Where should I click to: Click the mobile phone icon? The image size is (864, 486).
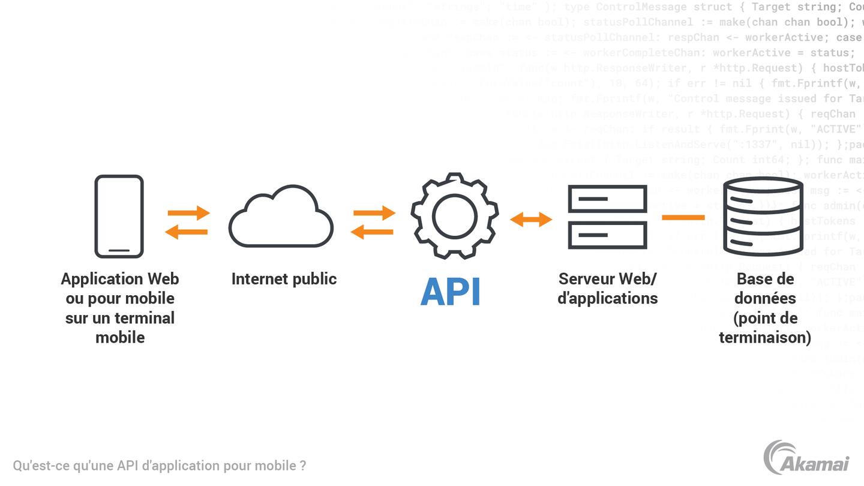[x=119, y=216]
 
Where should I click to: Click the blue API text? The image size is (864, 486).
[x=451, y=292]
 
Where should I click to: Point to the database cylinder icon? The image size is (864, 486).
[x=763, y=217]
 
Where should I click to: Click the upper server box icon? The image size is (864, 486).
[x=607, y=198]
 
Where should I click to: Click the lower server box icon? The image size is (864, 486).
[x=607, y=235]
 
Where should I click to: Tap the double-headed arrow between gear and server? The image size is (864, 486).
[x=531, y=220]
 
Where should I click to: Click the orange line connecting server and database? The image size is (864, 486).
[x=683, y=217]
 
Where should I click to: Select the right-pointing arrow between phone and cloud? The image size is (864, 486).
[x=188, y=212]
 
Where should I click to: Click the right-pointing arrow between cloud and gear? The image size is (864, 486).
[x=374, y=212]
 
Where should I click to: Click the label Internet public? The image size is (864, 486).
[x=284, y=279]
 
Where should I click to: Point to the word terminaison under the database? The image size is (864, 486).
[x=764, y=337]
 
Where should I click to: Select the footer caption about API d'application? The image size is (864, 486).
[x=160, y=466]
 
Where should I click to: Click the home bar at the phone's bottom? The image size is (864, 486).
[x=119, y=250]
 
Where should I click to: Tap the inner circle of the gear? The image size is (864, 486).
[x=454, y=216]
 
